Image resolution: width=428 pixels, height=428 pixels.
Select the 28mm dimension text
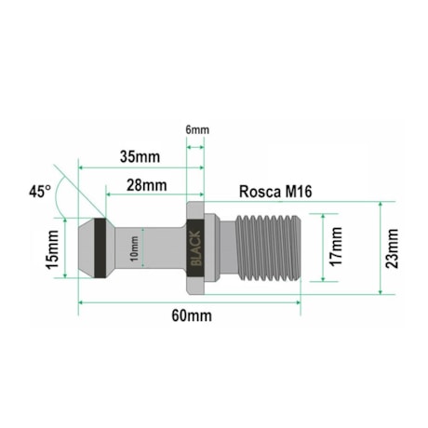coord(146,185)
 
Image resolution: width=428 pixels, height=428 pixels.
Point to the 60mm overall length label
coord(191,315)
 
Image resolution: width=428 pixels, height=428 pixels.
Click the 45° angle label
coord(40,192)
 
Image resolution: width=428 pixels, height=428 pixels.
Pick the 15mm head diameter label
coord(54,250)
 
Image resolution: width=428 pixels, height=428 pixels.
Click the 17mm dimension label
coord(337,247)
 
